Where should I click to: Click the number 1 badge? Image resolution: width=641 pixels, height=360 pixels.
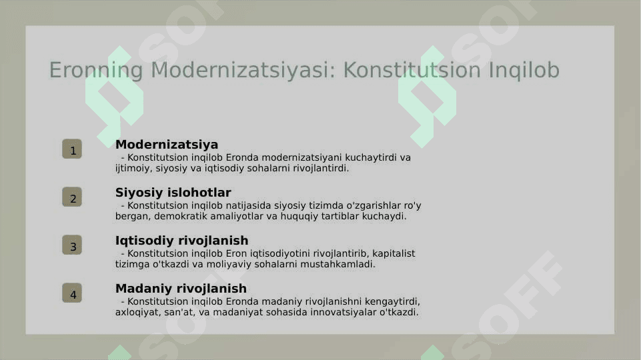(x=72, y=149)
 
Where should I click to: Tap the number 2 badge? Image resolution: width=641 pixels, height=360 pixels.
(x=72, y=197)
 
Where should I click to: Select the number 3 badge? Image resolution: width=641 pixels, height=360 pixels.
(x=72, y=245)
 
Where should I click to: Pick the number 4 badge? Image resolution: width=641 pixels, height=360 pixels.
(x=72, y=293)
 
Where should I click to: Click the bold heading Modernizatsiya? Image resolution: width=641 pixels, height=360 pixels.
(x=167, y=145)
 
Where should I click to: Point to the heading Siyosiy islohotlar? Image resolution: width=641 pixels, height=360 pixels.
(x=173, y=193)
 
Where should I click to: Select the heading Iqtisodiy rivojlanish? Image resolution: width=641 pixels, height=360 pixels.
(x=182, y=241)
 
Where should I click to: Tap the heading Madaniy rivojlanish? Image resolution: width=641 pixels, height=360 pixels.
(x=181, y=289)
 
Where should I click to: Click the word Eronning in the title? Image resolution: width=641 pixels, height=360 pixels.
(x=96, y=70)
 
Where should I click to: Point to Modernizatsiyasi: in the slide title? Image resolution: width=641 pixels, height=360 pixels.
(x=243, y=69)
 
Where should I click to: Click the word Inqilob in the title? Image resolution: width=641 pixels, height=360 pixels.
(x=524, y=70)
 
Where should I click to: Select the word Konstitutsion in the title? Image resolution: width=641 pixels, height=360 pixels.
(x=412, y=69)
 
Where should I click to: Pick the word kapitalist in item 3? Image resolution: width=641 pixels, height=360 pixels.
(x=394, y=254)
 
